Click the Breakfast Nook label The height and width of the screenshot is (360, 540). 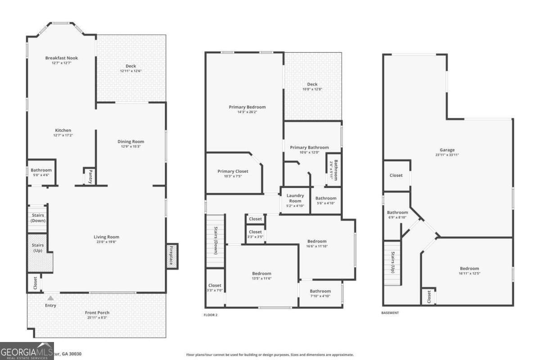point(62,58)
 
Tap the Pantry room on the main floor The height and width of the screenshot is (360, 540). point(90,176)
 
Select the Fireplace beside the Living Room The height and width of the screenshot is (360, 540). point(172,256)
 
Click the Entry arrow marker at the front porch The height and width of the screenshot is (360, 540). point(51,298)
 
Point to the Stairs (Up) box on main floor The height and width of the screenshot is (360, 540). point(38,248)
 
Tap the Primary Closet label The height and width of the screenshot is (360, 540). point(233,171)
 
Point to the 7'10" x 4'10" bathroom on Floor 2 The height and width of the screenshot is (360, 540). point(320,293)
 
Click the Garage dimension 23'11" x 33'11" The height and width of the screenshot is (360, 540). point(447,155)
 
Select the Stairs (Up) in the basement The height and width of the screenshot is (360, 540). point(392,263)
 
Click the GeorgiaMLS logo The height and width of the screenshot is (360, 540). point(27,351)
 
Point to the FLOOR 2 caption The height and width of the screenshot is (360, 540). point(210,315)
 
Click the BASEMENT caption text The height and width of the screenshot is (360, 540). point(390,313)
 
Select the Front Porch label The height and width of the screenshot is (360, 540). point(97,313)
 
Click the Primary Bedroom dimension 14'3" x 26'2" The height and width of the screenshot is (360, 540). point(247,112)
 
